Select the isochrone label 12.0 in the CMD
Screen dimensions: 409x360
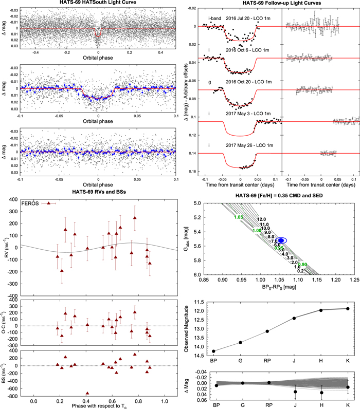click(262, 219)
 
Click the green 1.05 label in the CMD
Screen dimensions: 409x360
click(238, 217)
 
